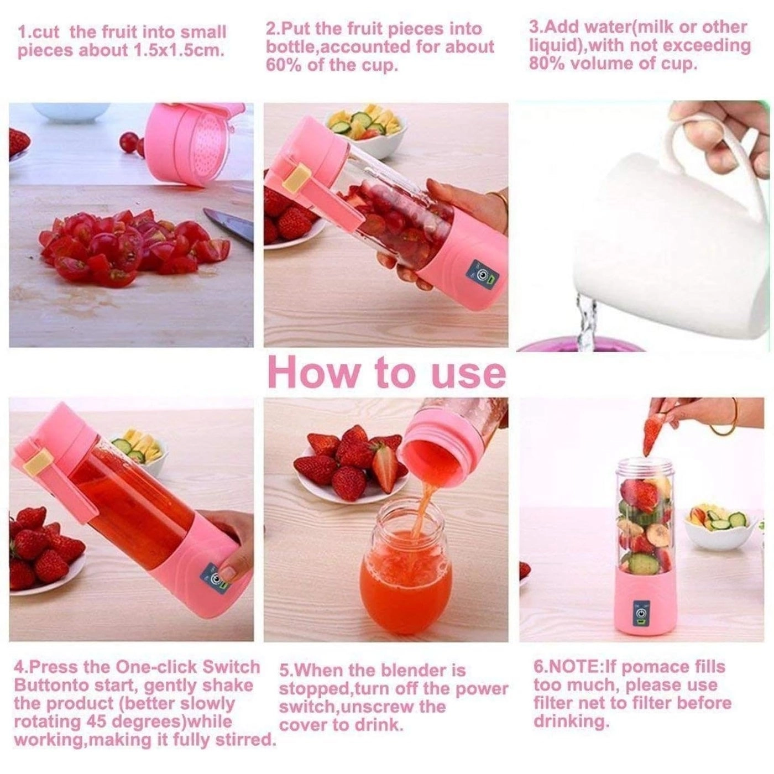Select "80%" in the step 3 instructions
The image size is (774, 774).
point(547,64)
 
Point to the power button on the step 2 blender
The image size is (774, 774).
point(483,275)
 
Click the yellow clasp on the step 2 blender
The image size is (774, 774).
point(297,180)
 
